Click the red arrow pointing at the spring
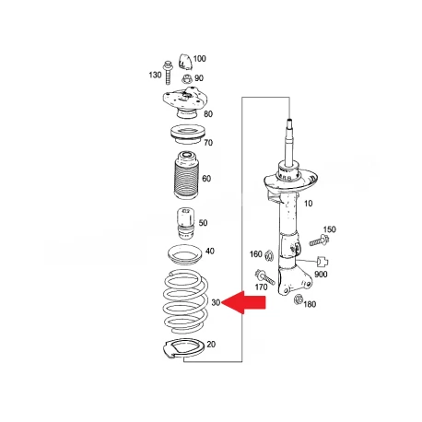(243, 302)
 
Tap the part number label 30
(216, 302)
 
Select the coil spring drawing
(185, 301)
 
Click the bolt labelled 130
(168, 73)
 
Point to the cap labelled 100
(185, 62)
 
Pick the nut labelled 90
(187, 79)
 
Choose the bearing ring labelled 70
(188, 135)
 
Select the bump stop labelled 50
(186, 224)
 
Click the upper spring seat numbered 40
(184, 254)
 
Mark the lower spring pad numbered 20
(183, 349)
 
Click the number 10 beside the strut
(308, 204)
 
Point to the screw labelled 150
(319, 240)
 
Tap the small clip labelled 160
(269, 255)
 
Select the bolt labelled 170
(264, 276)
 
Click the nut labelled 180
(299, 299)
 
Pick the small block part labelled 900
(322, 262)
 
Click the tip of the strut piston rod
(289, 119)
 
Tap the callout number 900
(321, 275)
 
